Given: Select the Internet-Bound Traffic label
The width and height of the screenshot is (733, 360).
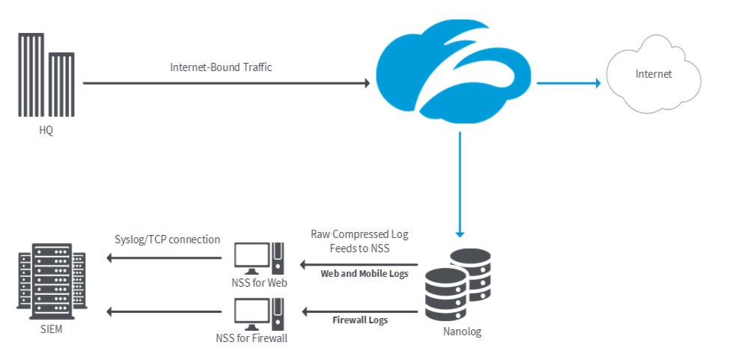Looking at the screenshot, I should coord(221,67).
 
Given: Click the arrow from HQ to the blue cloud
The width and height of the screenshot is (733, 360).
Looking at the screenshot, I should coord(225,83).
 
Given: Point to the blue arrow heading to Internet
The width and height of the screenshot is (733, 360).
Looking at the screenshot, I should coord(569,83).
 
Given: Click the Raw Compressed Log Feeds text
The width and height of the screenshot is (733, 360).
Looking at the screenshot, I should coord(359,240).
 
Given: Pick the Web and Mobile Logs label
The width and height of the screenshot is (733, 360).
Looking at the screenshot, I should coord(365,274).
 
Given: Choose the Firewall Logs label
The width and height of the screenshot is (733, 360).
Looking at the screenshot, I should coord(360,320).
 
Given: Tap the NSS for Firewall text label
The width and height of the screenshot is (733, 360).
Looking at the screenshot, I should coord(252,338).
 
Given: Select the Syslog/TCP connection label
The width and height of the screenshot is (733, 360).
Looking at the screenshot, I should coord(168,240).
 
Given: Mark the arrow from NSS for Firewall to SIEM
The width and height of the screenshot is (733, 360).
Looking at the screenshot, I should coord(165,311).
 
